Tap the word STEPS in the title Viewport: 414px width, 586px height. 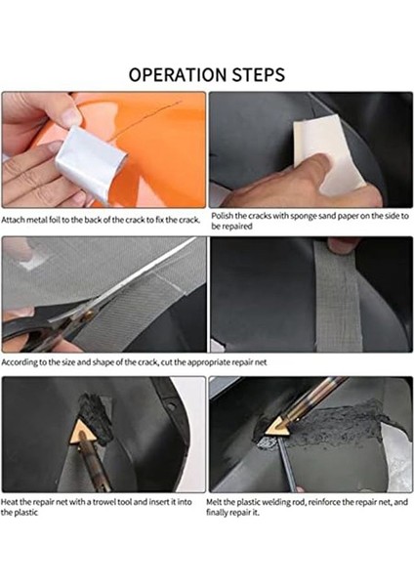click(x=257, y=75)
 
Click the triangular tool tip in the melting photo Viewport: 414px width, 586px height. click(x=281, y=427)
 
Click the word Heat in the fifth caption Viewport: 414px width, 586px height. click(x=11, y=503)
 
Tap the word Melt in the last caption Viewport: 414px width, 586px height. click(x=218, y=503)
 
